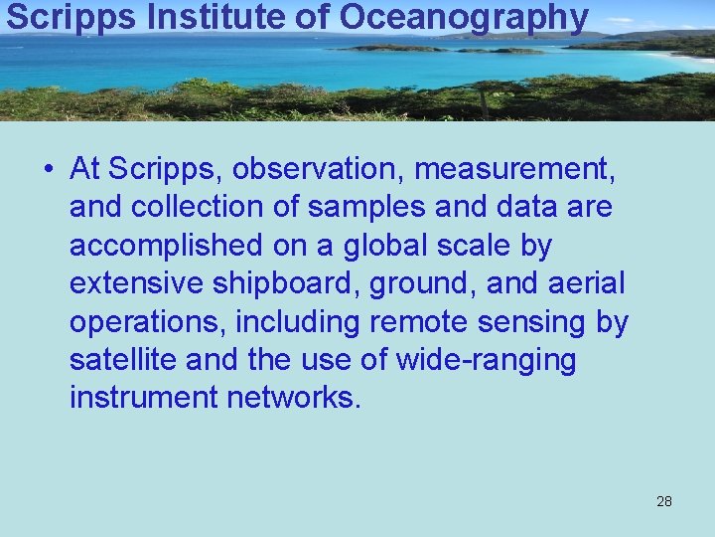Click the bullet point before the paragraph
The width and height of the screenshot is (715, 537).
pyautogui.click(x=49, y=170)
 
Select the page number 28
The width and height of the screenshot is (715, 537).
pyautogui.click(x=664, y=501)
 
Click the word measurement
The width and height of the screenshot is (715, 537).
pyautogui.click(x=514, y=170)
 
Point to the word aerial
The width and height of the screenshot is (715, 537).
pyautogui.click(x=586, y=283)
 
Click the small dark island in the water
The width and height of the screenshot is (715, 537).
pyautogui.click(x=392, y=47)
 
